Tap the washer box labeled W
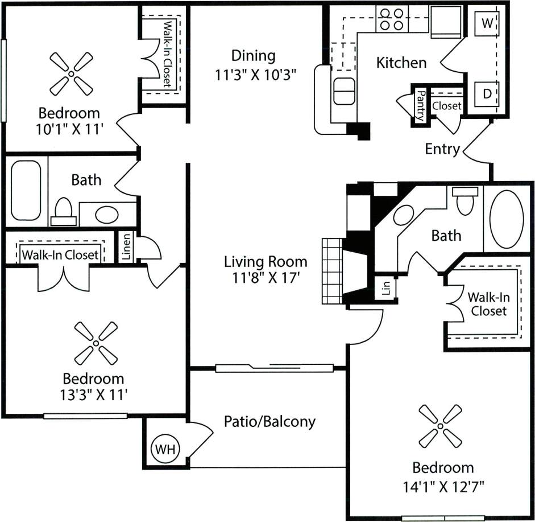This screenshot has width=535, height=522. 487,23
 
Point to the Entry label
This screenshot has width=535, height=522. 442,149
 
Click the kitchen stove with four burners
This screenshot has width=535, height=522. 392,18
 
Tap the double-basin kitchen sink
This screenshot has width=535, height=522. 344,92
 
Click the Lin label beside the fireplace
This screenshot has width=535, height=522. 386,288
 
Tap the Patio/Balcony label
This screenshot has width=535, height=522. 269,422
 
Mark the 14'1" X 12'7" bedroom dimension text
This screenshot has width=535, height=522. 443,487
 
